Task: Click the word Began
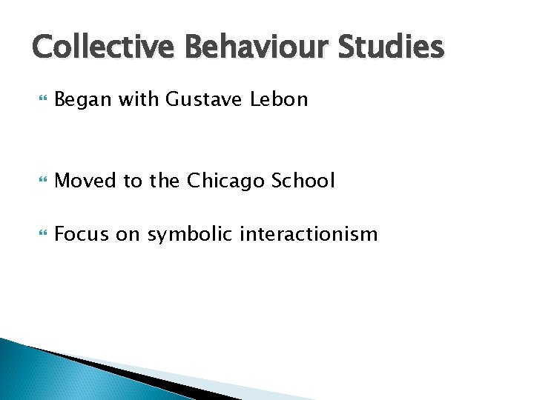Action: [x=79, y=99]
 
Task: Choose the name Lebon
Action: [x=279, y=99]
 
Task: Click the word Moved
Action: [x=82, y=180]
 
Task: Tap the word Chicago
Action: [x=220, y=180]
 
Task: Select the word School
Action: [x=303, y=180]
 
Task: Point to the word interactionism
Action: [x=311, y=235]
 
